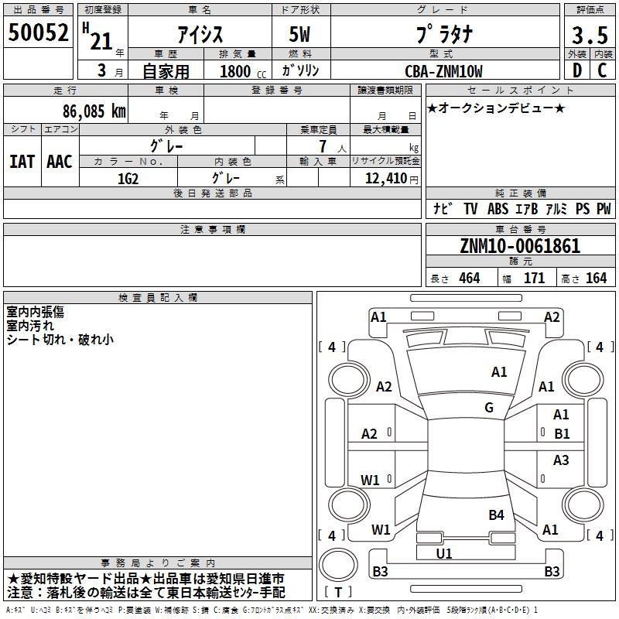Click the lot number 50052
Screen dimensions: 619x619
pyautogui.click(x=39, y=33)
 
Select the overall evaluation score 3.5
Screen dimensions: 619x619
pyautogui.click(x=587, y=35)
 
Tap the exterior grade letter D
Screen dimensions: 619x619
pyautogui.click(x=576, y=70)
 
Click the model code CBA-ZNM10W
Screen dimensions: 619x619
pyautogui.click(x=443, y=71)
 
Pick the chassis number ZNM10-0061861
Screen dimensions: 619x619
pyautogui.click(x=520, y=246)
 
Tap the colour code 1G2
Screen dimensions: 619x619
pyautogui.click(x=128, y=177)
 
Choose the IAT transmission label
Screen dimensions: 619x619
pyautogui.click(x=22, y=161)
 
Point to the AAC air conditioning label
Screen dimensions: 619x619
pyautogui.click(x=60, y=161)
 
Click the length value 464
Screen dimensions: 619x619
pyautogui.click(x=468, y=278)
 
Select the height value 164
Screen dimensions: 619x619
pyautogui.click(x=596, y=278)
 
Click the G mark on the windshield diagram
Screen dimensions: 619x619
pyautogui.click(x=489, y=408)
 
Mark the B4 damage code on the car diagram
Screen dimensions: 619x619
pyautogui.click(x=496, y=515)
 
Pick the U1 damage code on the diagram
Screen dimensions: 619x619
pyautogui.click(x=444, y=553)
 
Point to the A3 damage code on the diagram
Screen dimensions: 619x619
pyautogui.click(x=561, y=460)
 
